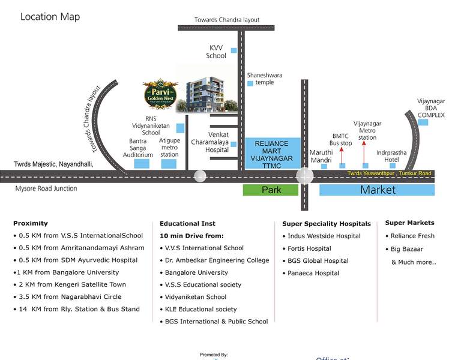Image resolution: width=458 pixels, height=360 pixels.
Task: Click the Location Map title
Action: coord(50,17)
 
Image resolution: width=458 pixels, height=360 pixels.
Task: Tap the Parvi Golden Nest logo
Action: coord(157,93)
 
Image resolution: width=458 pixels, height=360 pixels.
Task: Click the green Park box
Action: coord(270,190)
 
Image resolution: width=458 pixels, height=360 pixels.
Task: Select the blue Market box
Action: coord(377,190)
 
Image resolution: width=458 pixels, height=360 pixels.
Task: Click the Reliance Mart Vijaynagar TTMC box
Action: coord(272,152)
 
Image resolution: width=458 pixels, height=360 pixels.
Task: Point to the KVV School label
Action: coord(216,52)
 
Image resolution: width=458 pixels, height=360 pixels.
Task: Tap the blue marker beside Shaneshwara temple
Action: coord(250,83)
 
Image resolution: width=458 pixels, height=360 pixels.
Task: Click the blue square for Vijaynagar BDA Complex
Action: coord(423,122)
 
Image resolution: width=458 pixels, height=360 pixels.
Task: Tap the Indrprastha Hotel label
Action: coord(391,156)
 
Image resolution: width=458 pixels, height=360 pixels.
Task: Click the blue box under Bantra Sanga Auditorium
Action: coord(142,163)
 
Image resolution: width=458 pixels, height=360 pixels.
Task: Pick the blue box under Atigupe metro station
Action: coord(169,163)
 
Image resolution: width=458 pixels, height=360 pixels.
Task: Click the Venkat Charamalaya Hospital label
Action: coord(209,142)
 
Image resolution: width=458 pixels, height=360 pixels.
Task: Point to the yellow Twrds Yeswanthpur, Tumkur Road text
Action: coord(389,173)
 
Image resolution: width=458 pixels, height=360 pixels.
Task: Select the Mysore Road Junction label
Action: coord(46,188)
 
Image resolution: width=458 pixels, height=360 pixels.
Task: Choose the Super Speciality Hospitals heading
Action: coord(327,224)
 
